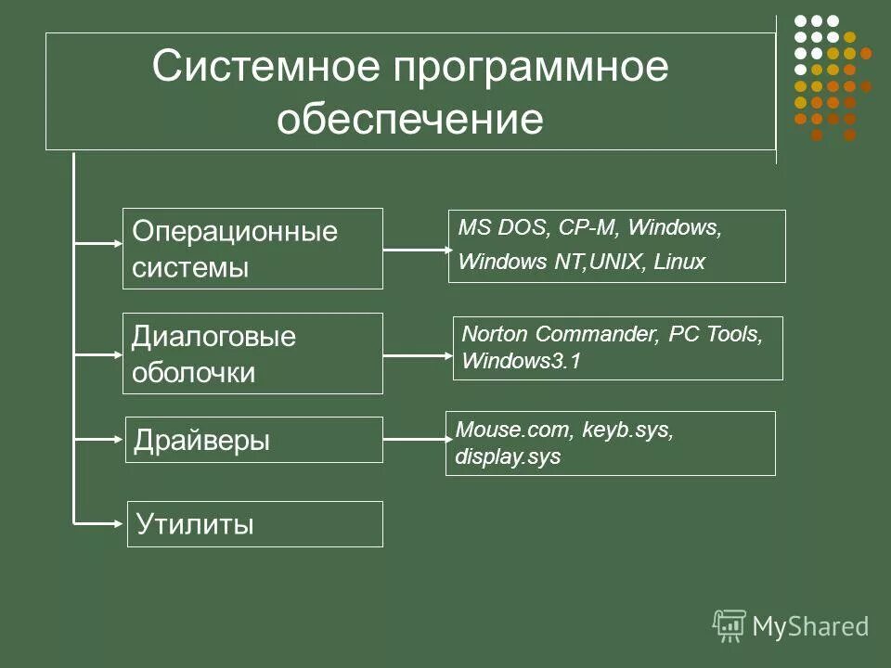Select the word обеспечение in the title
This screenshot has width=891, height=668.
pyautogui.click(x=409, y=119)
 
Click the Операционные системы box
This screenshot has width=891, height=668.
pyautogui.click(x=252, y=249)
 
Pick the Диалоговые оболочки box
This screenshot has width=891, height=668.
pyautogui.click(x=252, y=353)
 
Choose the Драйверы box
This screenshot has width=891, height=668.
pyautogui.click(x=252, y=440)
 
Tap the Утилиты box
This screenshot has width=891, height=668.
pyautogui.click(x=252, y=524)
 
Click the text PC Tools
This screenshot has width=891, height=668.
pyautogui.click(x=715, y=334)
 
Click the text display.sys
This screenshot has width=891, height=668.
pyautogui.click(x=508, y=457)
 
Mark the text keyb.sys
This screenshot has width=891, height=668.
pyautogui.click(x=627, y=430)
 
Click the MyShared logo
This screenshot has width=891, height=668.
pyautogui.click(x=791, y=626)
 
